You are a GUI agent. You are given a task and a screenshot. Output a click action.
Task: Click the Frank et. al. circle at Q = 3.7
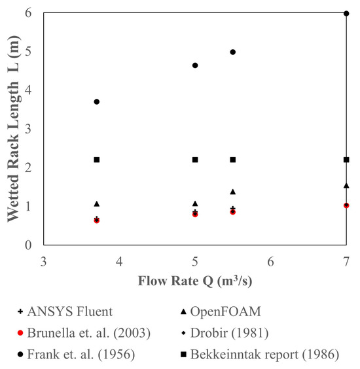click(x=97, y=101)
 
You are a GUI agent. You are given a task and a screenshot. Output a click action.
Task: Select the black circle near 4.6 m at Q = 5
click(x=195, y=65)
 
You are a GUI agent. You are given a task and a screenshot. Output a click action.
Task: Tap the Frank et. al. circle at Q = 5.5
click(x=233, y=52)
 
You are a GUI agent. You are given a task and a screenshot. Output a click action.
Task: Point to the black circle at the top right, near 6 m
click(x=346, y=13)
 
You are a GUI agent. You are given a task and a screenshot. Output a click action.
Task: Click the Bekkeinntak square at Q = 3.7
click(x=97, y=160)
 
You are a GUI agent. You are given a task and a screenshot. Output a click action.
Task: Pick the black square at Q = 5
click(x=195, y=160)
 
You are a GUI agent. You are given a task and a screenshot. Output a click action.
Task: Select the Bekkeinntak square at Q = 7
click(x=346, y=160)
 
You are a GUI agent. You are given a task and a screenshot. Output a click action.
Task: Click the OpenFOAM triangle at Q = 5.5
click(x=233, y=192)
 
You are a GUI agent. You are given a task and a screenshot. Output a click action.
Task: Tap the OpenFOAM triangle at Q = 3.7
click(x=97, y=204)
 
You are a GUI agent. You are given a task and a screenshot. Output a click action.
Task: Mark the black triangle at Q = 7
click(x=346, y=186)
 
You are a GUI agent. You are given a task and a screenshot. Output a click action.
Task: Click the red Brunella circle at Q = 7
click(x=346, y=205)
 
